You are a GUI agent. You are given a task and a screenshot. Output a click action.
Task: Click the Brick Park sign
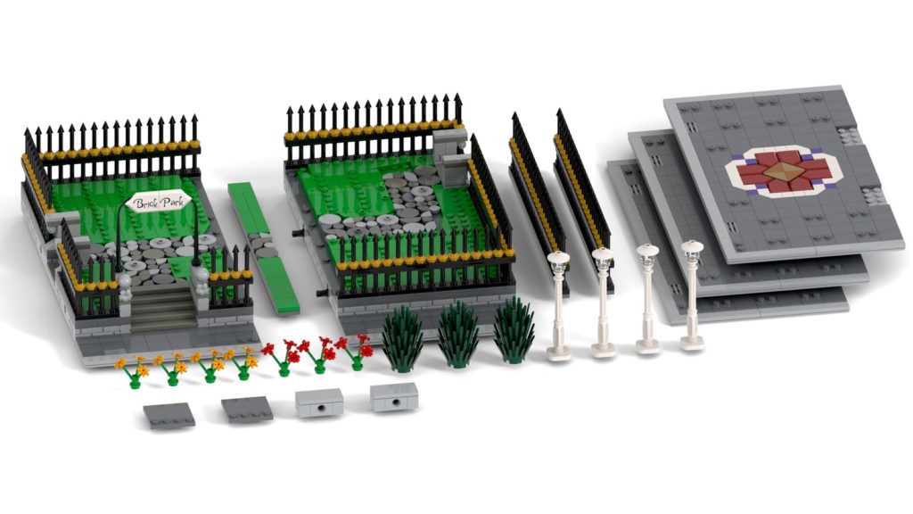tap(156, 203)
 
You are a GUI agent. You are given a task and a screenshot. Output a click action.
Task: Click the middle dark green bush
tap(457, 333)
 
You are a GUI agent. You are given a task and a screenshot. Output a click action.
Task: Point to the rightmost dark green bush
tap(514, 329)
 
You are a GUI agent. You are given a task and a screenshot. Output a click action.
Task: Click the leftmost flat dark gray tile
tap(169, 415)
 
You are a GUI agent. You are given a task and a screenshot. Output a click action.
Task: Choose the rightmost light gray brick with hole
tap(393, 397)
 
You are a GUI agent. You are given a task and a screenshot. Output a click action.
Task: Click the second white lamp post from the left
tap(604, 302)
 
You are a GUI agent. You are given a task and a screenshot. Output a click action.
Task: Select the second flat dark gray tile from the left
tap(247, 410)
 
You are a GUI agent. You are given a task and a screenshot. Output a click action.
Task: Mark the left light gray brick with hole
tap(319, 403)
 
